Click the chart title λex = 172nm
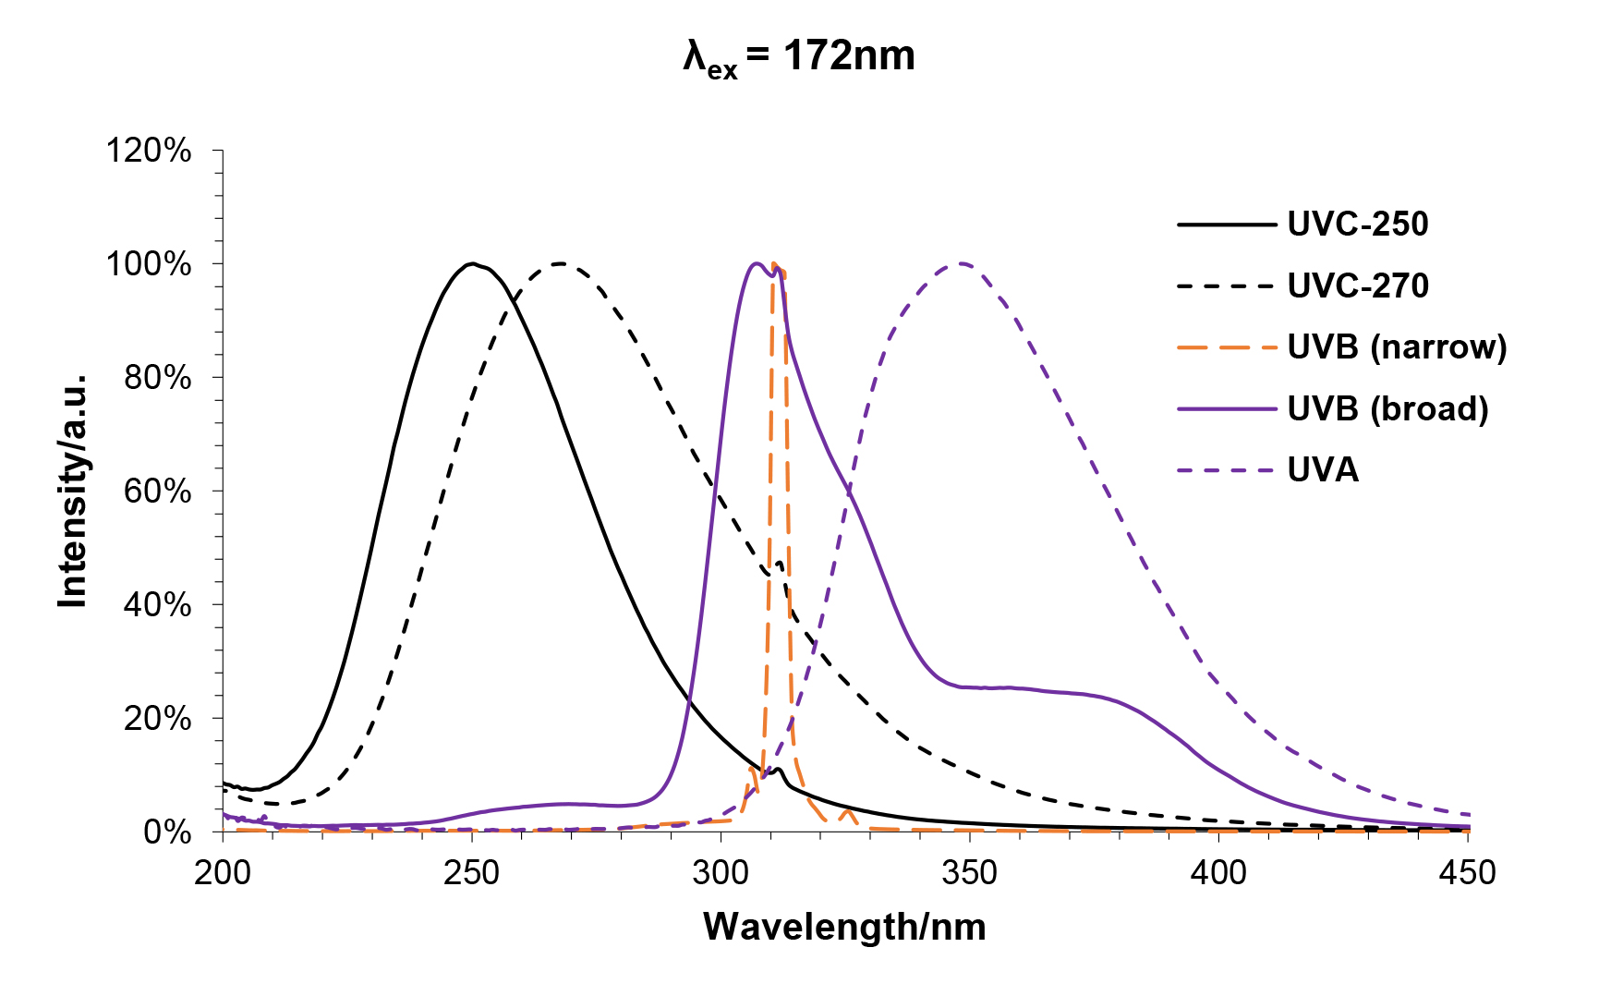[799, 57]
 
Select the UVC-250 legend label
[1357, 225]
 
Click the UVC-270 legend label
[1357, 286]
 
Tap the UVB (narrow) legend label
[1397, 347]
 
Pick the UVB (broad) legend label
[1387, 409]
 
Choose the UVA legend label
[1323, 471]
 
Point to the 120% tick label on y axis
[150, 151]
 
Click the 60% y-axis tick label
[157, 492]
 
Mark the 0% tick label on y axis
[167, 832]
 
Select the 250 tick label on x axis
[471, 873]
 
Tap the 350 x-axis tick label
[969, 873]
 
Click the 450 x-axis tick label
[1467, 873]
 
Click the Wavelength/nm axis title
[844, 927]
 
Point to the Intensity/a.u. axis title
[73, 492]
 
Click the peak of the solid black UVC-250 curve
[472, 263]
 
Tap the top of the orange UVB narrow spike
[774, 264]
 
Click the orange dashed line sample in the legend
[1226, 347]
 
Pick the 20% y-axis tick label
[157, 719]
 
